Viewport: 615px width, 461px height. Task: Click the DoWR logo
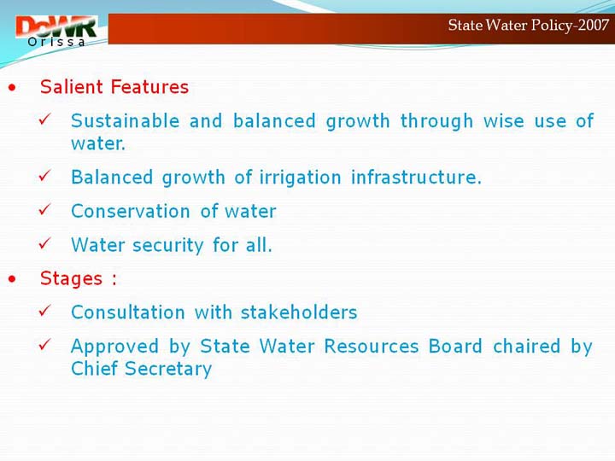pos(56,31)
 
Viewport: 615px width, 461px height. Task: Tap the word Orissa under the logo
pos(56,42)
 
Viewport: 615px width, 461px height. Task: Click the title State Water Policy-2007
pos(529,26)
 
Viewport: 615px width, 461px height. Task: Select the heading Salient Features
pos(114,86)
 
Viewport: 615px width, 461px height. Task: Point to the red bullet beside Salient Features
pos(12,87)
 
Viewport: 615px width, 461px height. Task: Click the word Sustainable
pos(125,120)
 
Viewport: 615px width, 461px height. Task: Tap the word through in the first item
pos(436,121)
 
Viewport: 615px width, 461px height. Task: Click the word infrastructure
pos(416,178)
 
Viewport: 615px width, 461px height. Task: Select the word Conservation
pos(131,211)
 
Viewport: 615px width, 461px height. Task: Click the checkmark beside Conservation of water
pos(44,209)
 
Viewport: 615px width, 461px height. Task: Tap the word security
pos(168,246)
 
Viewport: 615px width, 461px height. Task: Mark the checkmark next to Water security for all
pos(44,243)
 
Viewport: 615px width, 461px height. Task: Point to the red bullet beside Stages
pos(12,279)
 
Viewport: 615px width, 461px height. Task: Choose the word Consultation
pos(128,312)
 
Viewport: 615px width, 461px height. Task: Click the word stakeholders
pos(299,312)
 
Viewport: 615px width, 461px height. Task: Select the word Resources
pos(372,346)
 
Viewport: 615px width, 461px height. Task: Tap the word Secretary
pos(168,369)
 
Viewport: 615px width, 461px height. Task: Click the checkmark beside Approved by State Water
pos(44,344)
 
